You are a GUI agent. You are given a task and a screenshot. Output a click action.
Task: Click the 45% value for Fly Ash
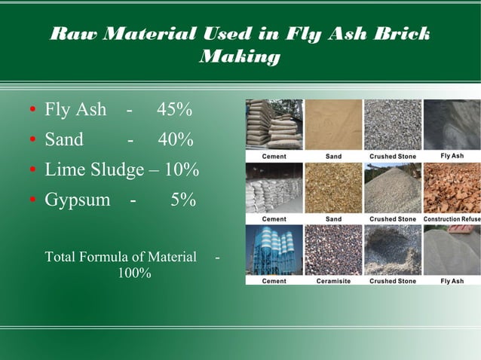174,110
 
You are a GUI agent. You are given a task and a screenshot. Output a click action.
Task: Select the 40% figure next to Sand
176,140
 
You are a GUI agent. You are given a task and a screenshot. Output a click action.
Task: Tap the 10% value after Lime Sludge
181,170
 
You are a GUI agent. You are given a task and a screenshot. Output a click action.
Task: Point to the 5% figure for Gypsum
182,200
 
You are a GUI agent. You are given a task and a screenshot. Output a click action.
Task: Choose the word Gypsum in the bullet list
77,201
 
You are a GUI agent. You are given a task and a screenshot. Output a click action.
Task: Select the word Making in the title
240,56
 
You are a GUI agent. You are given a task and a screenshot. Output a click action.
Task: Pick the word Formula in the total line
103,258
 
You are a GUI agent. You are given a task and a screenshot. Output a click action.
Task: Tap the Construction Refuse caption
451,219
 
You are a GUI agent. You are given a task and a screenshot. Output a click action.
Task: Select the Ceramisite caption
333,281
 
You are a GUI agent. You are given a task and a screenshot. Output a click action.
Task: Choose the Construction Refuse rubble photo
451,188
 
